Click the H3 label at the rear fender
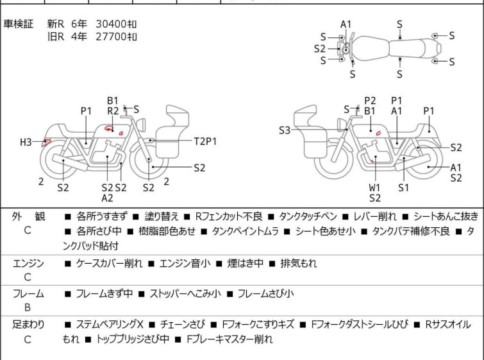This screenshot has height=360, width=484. [26, 142]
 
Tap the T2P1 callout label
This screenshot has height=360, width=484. [205, 141]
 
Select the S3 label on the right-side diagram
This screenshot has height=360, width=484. [285, 130]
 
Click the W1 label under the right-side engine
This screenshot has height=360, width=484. [374, 187]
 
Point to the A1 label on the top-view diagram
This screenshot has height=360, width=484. [346, 24]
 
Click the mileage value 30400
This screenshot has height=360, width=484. [111, 24]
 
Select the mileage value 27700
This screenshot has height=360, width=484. [111, 37]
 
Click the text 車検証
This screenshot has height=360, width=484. [18, 24]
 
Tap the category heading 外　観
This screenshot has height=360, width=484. [28, 216]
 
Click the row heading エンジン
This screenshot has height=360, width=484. [28, 263]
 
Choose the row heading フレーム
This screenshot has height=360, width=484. [28, 293]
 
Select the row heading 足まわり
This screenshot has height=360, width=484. [28, 325]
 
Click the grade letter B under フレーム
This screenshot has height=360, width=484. [28, 308]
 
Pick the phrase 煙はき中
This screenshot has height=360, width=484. [246, 263]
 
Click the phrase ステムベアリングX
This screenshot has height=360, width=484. [110, 325]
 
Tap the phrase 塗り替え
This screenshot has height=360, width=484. [162, 216]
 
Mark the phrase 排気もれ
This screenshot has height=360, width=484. [299, 263]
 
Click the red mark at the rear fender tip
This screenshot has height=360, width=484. [46, 142]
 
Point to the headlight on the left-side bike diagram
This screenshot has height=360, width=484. [141, 124]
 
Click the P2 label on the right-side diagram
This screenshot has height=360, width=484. [370, 101]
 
